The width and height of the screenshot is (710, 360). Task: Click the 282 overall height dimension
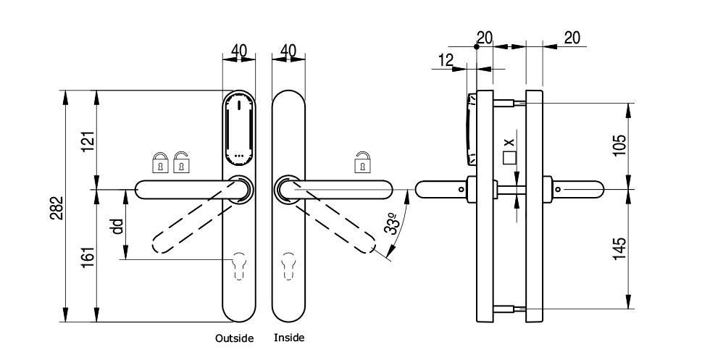[57, 208]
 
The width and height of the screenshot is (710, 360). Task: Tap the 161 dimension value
[88, 256]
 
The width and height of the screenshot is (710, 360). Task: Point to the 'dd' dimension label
[117, 226]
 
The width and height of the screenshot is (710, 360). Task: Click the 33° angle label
[393, 223]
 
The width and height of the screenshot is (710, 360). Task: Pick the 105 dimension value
[619, 145]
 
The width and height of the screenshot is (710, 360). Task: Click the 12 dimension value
[446, 60]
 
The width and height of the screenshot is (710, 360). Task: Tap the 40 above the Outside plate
[238, 51]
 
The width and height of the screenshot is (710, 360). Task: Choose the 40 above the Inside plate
[288, 51]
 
